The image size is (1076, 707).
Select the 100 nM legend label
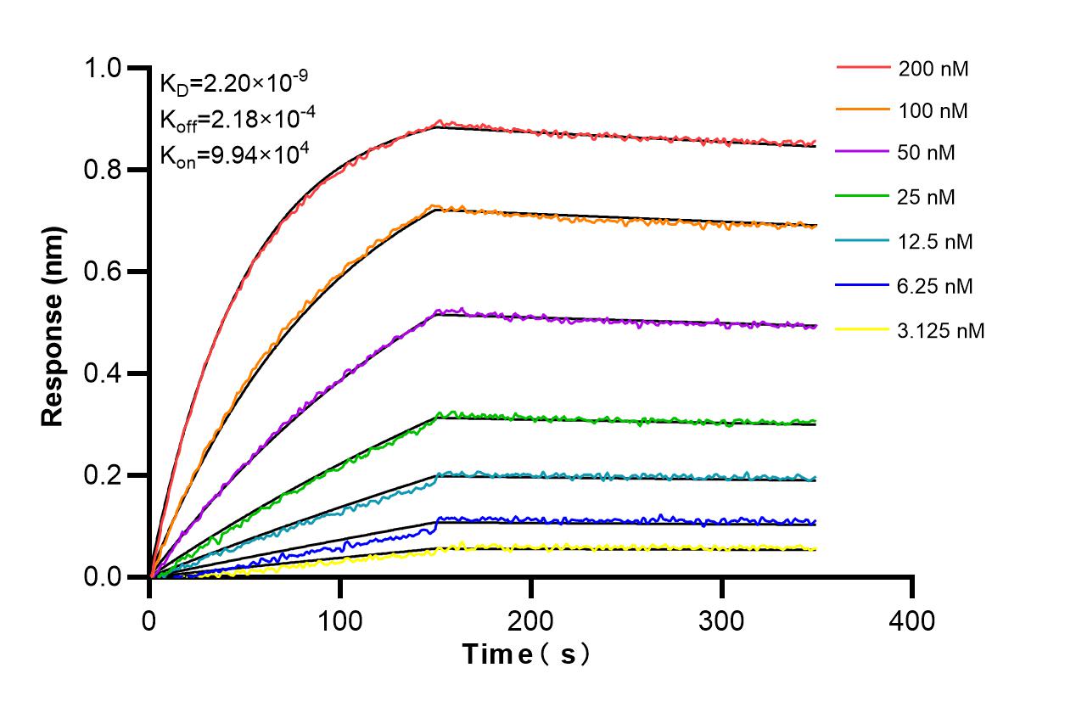click(x=933, y=110)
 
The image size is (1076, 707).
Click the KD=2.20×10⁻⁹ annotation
click(x=233, y=82)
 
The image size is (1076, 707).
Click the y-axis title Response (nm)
click(x=53, y=326)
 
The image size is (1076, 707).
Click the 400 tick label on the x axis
click(x=912, y=620)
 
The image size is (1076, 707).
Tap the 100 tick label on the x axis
click(x=340, y=620)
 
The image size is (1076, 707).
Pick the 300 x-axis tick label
click(x=721, y=620)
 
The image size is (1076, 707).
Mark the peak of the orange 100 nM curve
click(x=434, y=205)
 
